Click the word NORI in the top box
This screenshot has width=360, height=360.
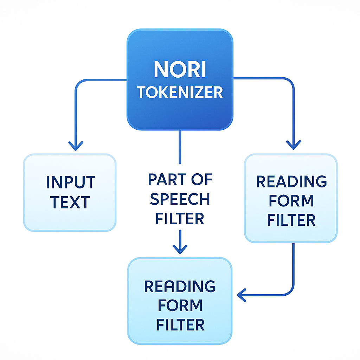click(x=180, y=70)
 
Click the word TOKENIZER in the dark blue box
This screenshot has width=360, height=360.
click(x=180, y=92)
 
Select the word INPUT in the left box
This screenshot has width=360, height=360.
click(x=70, y=182)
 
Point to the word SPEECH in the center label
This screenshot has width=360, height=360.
click(x=180, y=199)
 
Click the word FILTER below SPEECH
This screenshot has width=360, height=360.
click(x=180, y=219)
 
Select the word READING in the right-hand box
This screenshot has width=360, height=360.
click(x=291, y=181)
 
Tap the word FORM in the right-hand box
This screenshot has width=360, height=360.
click(x=291, y=201)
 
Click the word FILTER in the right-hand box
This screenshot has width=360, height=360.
click(x=291, y=220)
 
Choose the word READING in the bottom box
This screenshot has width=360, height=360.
click(x=180, y=287)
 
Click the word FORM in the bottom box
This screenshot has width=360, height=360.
click(x=180, y=306)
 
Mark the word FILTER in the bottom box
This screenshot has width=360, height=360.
click(x=180, y=325)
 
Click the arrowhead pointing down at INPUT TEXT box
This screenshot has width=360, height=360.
click(x=76, y=146)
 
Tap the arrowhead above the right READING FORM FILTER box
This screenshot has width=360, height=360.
click(x=294, y=144)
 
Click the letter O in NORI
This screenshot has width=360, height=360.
click(x=170, y=70)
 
